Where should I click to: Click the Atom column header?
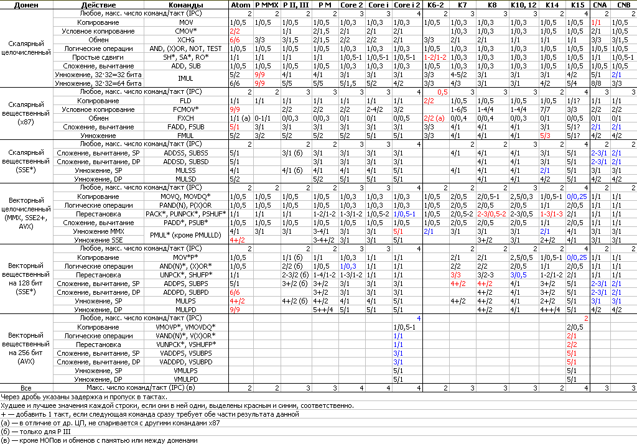[240, 4]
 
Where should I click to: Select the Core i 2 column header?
[407, 4]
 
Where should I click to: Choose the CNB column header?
[623, 4]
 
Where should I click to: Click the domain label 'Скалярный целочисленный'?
[27, 48]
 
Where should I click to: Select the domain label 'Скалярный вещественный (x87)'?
[27, 113]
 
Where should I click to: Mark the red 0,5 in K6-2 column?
[442, 91]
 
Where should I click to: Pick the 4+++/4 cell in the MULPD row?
[551, 309]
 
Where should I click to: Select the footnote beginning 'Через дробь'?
[84, 396]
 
